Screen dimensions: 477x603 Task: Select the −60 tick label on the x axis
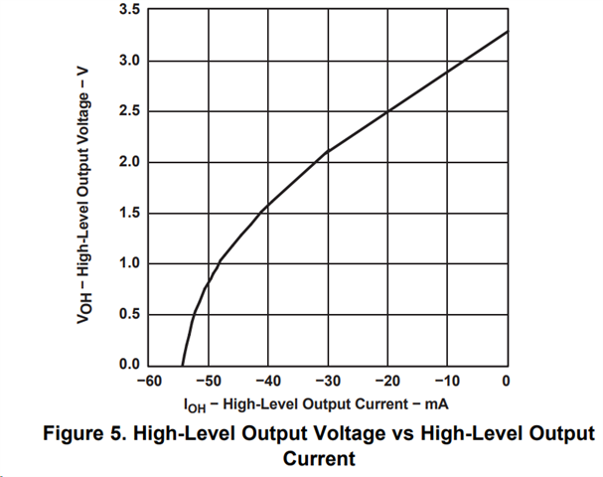click(148, 382)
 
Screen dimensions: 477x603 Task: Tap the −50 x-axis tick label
click(208, 382)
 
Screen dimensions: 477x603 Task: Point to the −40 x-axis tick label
click(267, 382)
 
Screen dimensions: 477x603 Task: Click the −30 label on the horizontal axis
click(327, 382)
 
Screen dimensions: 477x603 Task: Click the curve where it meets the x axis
click(183, 364)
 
